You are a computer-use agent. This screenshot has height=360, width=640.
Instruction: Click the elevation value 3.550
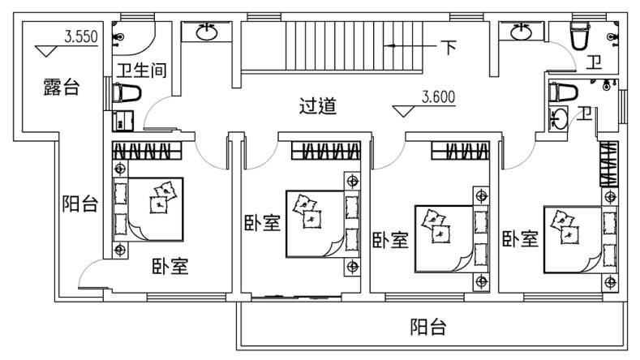click(x=81, y=36)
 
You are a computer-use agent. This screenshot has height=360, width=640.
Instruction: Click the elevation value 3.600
click(x=438, y=97)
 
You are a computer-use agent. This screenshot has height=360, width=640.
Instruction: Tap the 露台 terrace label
click(x=61, y=87)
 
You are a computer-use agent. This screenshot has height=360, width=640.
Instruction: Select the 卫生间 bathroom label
click(x=142, y=71)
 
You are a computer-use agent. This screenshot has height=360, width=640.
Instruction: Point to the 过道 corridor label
click(x=317, y=106)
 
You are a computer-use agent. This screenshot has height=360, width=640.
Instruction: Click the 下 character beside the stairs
click(x=449, y=47)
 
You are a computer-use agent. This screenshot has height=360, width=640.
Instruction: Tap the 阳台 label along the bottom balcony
click(x=428, y=327)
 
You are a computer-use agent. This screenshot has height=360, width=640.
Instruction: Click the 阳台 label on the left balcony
click(x=80, y=204)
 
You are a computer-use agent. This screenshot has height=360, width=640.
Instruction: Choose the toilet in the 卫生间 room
click(x=127, y=93)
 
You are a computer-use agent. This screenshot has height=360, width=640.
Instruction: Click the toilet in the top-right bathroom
click(x=580, y=36)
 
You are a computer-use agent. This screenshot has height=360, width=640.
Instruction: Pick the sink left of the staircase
click(x=207, y=32)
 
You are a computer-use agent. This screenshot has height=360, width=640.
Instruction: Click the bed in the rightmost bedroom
click(x=580, y=240)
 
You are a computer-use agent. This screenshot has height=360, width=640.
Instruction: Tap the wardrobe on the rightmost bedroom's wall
click(x=609, y=164)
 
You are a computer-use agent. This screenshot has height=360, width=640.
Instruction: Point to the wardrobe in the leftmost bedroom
click(x=147, y=151)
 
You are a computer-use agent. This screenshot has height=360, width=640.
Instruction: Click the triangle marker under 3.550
click(x=45, y=51)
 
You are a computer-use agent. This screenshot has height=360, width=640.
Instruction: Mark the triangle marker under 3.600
click(x=403, y=111)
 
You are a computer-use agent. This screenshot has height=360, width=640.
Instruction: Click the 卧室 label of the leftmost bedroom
click(x=170, y=267)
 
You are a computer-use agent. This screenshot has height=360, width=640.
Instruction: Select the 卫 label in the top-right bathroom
click(x=594, y=62)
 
